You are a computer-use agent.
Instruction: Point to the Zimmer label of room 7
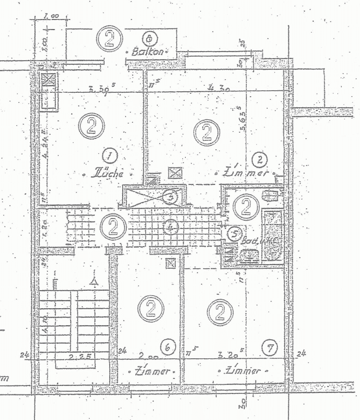[242, 371]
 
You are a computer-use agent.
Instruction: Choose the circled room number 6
[169, 346]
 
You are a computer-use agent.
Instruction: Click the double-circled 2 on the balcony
[108, 39]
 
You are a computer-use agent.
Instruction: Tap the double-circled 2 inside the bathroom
[245, 205]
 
